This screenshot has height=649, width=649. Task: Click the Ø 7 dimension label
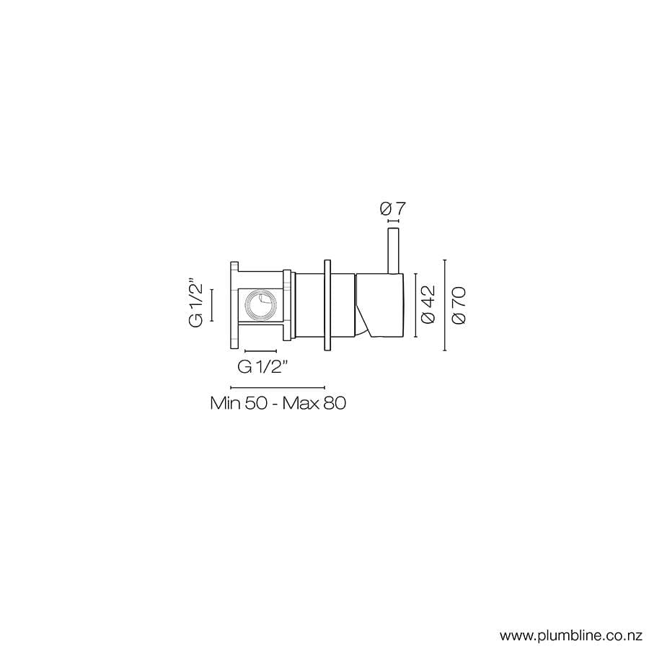coord(392,208)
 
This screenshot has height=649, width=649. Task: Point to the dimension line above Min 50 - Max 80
coord(277,387)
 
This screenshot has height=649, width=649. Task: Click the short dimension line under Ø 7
coord(393,221)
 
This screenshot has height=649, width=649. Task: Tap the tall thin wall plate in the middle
coord(327,304)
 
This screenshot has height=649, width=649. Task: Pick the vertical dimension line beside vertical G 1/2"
coord(212,304)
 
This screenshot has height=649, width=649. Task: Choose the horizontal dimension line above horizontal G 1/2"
coord(260,351)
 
